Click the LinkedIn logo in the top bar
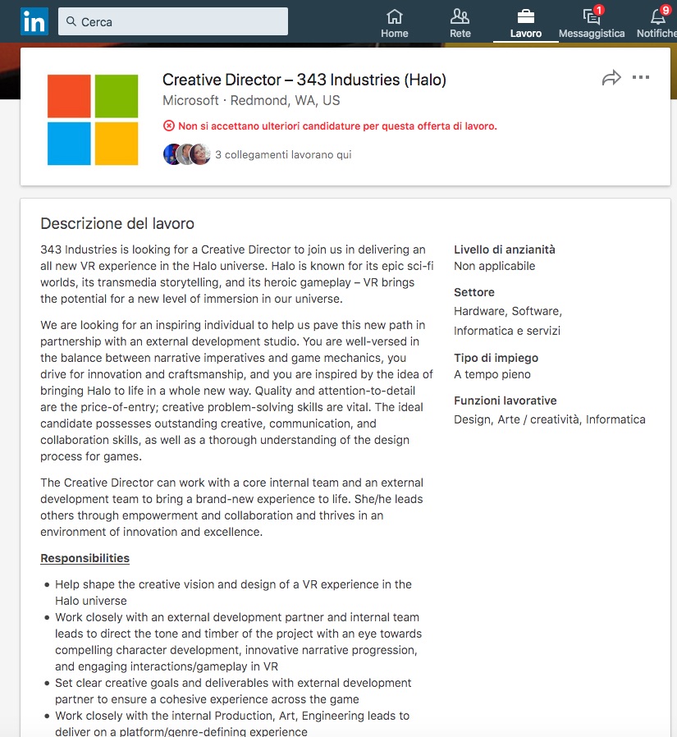(34, 21)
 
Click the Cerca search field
(173, 21)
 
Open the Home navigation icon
(395, 16)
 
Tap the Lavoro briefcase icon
(526, 16)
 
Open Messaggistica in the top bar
(591, 16)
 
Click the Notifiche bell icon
(658, 16)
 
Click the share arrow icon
(611, 78)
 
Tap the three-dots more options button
(641, 78)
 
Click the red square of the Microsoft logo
(69, 96)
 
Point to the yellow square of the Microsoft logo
(117, 144)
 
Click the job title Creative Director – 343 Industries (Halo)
(304, 80)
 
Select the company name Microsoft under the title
(190, 101)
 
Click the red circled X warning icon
(169, 126)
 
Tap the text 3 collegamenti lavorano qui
(283, 154)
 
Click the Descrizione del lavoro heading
(117, 223)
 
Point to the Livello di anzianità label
(505, 249)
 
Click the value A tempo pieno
(492, 374)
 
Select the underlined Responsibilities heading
(85, 558)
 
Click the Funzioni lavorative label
(505, 401)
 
